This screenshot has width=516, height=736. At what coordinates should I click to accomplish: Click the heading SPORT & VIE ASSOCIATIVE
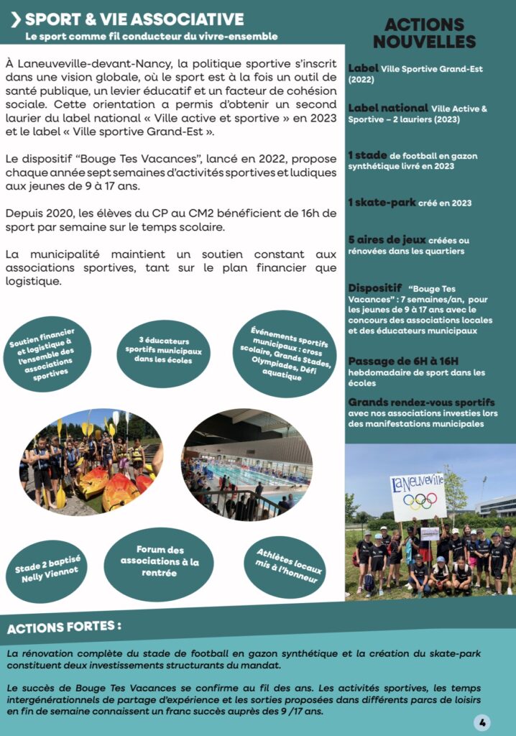134,19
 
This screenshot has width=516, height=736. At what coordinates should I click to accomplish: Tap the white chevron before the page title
14,20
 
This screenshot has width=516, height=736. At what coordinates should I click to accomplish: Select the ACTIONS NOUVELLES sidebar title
424,34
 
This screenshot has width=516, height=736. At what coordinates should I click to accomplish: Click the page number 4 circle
482,722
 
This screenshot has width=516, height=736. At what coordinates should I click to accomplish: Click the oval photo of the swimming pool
247,464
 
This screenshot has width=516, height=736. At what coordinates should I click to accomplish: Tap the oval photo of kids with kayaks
91,461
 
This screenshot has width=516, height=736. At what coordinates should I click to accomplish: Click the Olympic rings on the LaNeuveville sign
418,500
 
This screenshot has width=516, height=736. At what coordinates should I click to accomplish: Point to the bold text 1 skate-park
382,203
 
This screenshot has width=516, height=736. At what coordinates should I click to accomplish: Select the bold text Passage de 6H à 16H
403,361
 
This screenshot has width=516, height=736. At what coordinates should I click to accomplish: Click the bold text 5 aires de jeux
387,239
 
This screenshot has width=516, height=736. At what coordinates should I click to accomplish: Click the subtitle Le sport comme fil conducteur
151,36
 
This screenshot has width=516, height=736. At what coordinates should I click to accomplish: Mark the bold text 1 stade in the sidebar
367,155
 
